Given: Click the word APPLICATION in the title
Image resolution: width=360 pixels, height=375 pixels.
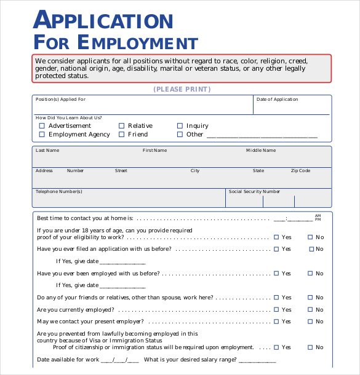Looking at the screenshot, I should pyautogui.click(x=103, y=20).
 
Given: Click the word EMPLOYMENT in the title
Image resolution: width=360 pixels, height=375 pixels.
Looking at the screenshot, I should pyautogui.click(x=138, y=43).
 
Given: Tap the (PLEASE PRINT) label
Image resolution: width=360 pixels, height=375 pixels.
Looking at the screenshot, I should pyautogui.click(x=182, y=89).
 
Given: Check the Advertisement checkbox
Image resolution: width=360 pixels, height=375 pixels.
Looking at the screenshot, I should pyautogui.click(x=42, y=125).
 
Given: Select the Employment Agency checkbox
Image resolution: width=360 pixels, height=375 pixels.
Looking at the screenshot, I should pyautogui.click(x=42, y=134).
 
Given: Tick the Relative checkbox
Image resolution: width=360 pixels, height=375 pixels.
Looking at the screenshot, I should pyautogui.click(x=122, y=125).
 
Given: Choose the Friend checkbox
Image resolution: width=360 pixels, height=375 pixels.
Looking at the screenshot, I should pyautogui.click(x=122, y=134).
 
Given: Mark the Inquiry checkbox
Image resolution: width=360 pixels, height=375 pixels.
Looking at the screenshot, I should pyautogui.click(x=180, y=125).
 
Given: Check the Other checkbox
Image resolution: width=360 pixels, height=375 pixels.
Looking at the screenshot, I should pyautogui.click(x=180, y=134).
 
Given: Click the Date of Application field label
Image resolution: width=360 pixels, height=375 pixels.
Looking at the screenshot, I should pyautogui.click(x=277, y=100).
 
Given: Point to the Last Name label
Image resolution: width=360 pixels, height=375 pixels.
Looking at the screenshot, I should pyautogui.click(x=47, y=150).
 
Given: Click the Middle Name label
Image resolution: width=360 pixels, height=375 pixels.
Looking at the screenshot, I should pyautogui.click(x=261, y=150).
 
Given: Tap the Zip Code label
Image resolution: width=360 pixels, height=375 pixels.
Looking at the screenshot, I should pyautogui.click(x=300, y=171).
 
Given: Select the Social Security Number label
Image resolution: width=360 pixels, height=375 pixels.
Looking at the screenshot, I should pyautogui.click(x=254, y=192).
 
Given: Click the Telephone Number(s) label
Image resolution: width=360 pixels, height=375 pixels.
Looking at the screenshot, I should pyautogui.click(x=58, y=192).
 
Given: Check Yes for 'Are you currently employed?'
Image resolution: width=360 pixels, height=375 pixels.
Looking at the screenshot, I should pyautogui.click(x=276, y=310).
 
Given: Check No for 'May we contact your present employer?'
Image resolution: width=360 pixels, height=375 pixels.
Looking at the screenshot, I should pyautogui.click(x=311, y=322).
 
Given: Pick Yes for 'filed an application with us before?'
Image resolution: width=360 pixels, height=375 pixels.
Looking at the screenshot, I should pyautogui.click(x=276, y=249).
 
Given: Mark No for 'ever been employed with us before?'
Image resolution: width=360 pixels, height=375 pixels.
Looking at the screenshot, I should pyautogui.click(x=311, y=274).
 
